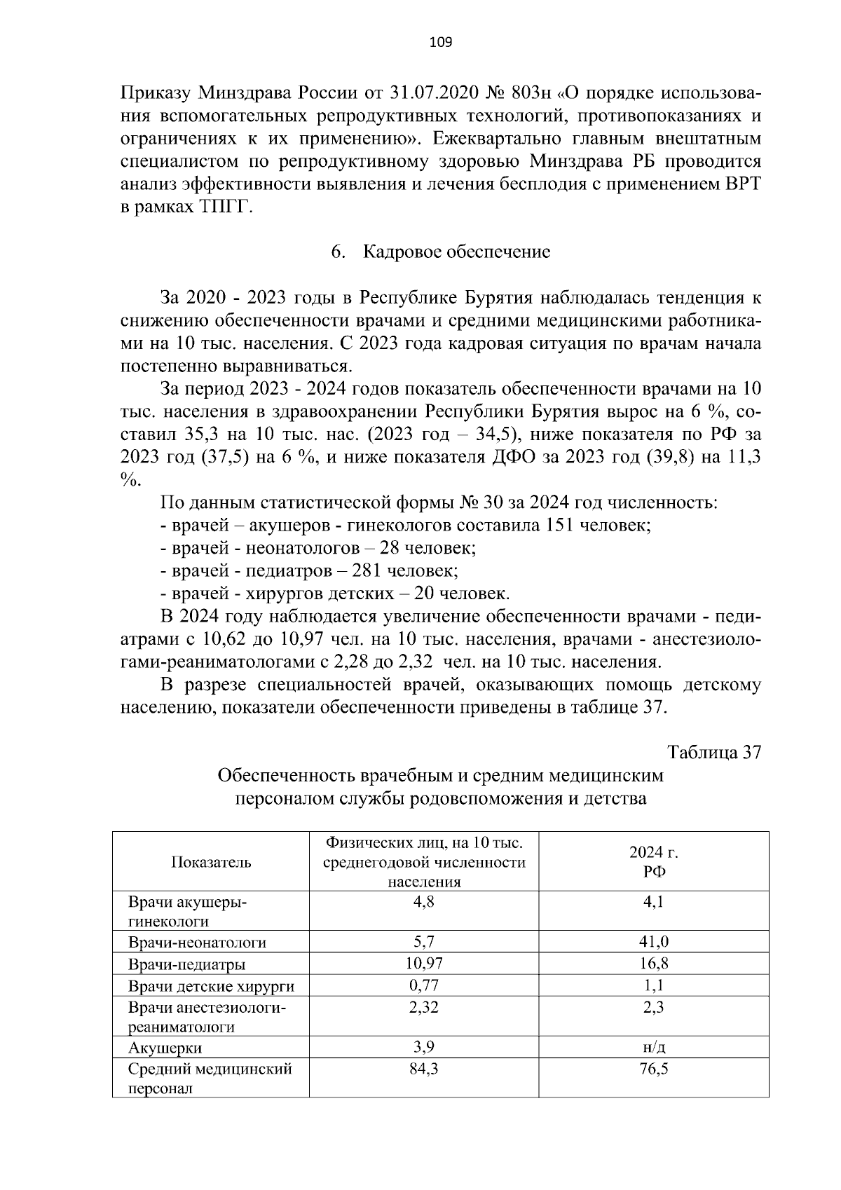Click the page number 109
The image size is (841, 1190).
(440, 43)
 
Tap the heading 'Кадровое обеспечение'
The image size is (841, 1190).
(456, 252)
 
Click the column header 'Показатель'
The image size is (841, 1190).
(211, 862)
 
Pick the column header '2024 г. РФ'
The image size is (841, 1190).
(653, 862)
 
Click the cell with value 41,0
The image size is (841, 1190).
(653, 943)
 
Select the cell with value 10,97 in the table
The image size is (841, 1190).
(423, 964)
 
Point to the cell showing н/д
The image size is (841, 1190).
(653, 1048)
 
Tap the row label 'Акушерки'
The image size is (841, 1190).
(165, 1048)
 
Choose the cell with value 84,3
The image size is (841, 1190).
(423, 1069)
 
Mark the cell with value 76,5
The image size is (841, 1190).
(653, 1069)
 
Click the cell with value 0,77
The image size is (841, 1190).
(423, 985)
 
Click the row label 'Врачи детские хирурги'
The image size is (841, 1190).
(211, 986)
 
